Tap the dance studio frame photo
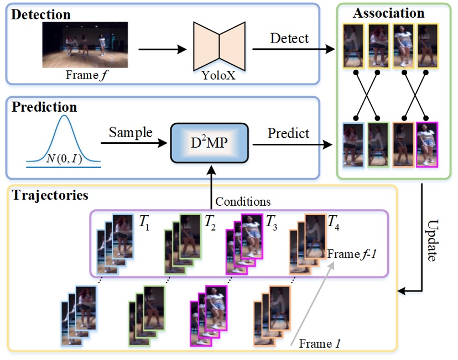[85, 44]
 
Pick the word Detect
[289, 39]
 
